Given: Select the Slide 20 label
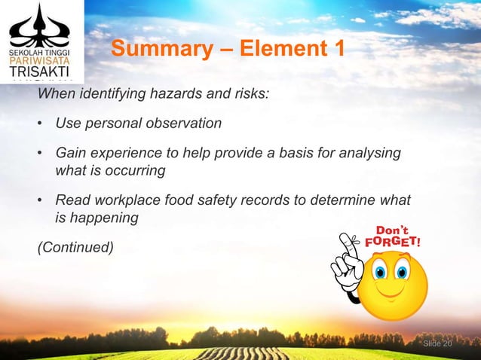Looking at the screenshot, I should point(437,343).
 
